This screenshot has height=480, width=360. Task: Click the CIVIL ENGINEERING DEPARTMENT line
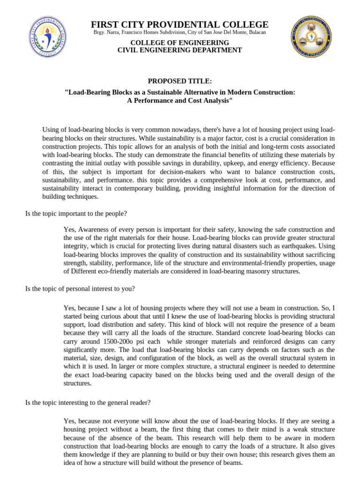tap(180, 50)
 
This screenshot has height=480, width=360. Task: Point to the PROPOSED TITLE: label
tap(180, 81)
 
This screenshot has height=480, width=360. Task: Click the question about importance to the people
tap(76, 213)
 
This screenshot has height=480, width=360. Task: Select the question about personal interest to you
tap(80, 289)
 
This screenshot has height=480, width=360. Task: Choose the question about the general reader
tap(88, 402)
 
